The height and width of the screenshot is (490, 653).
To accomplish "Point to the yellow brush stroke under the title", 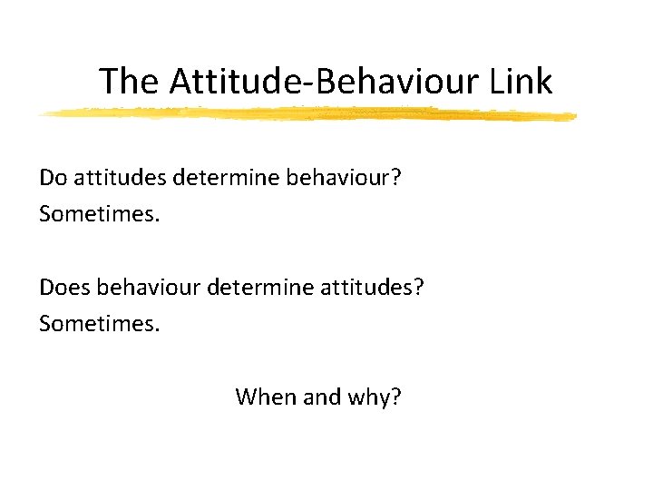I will tap(308, 114).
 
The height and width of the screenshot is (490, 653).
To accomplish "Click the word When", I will tap(263, 397).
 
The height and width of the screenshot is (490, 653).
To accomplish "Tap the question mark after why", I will tap(397, 397).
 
